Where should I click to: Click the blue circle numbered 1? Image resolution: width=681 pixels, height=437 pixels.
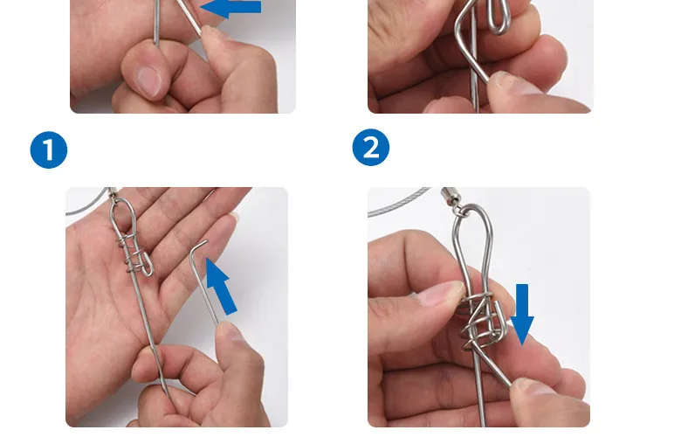[x=49, y=150]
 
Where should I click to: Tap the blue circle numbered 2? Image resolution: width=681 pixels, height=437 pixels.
[x=371, y=147]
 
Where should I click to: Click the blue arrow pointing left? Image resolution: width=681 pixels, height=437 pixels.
[x=231, y=8]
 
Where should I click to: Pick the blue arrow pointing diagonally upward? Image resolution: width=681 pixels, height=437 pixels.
[x=221, y=286]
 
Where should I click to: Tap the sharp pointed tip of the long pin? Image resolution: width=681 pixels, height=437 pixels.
[x=167, y=392]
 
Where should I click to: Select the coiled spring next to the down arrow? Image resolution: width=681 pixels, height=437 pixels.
[x=478, y=320]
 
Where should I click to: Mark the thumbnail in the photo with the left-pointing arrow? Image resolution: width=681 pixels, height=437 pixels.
[x=148, y=81]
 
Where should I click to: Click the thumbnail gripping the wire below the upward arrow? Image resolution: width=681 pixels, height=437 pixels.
[x=231, y=333]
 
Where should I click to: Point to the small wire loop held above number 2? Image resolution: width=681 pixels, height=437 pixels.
[x=499, y=16]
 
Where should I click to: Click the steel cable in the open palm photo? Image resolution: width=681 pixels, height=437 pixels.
[x=86, y=205]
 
